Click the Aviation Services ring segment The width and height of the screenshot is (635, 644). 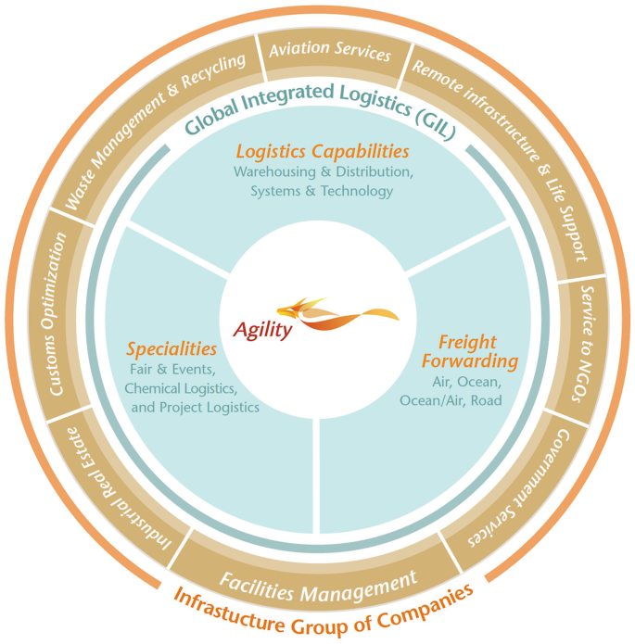330,51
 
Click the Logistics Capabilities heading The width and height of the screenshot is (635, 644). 322,150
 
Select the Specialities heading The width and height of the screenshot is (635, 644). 171,348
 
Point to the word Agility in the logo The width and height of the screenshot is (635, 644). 262,329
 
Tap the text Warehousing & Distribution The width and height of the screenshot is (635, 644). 322,171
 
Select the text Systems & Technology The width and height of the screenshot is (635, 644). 322,191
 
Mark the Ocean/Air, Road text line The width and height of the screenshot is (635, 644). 451,400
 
